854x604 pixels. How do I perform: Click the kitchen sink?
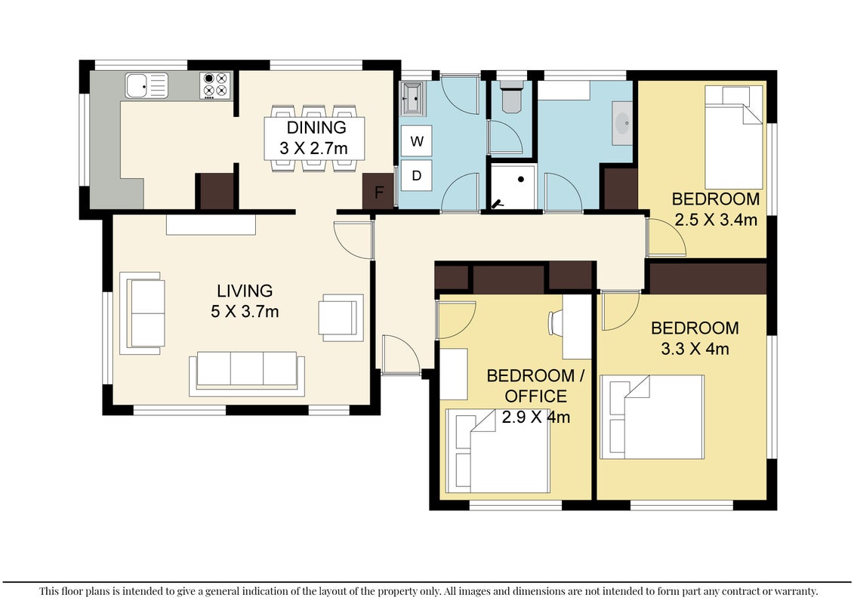(x=146, y=85)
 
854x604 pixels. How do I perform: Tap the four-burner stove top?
(x=215, y=85)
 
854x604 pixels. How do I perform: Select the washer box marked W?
(x=417, y=141)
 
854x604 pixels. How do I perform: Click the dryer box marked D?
(x=417, y=175)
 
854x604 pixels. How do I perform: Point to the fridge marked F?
(x=378, y=191)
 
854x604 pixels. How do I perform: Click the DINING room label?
(x=316, y=128)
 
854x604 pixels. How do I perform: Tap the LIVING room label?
(x=245, y=291)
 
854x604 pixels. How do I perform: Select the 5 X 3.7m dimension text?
(x=245, y=312)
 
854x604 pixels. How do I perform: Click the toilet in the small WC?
(x=512, y=97)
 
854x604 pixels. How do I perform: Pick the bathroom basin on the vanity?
(x=622, y=122)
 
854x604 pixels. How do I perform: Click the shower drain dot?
(x=521, y=179)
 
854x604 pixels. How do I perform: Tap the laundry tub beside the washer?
(x=412, y=99)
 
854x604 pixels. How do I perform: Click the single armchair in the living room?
(x=341, y=318)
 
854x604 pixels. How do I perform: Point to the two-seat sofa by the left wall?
(x=142, y=313)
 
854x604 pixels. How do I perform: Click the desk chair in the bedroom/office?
(x=555, y=322)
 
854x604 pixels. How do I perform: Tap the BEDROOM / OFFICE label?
(x=535, y=386)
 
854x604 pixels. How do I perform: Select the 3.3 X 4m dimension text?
(x=695, y=349)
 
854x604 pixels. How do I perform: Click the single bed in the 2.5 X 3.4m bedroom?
(x=734, y=137)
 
